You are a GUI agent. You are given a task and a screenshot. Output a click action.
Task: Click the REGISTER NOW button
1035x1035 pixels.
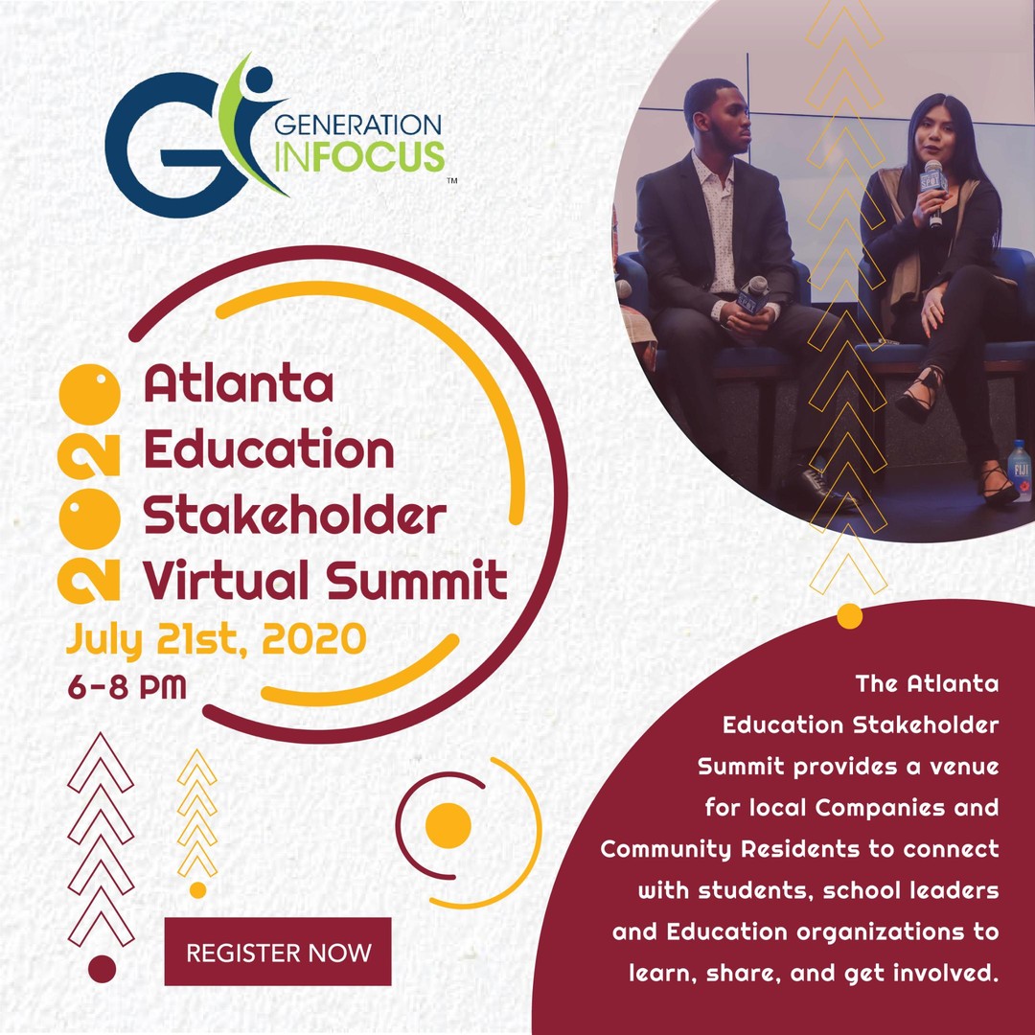coord(278,952)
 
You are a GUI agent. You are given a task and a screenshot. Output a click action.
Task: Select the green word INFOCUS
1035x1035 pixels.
coord(358,156)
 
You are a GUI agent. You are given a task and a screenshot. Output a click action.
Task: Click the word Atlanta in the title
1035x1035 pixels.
coord(239,385)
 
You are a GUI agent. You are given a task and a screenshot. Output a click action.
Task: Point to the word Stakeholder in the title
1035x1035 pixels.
coord(294,517)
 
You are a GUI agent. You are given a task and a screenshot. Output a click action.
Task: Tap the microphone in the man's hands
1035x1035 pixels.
coord(754,293)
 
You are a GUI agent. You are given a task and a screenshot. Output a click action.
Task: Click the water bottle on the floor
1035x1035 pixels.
coord(1020,470)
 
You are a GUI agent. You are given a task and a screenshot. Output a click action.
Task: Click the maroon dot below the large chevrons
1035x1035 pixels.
coord(102,969)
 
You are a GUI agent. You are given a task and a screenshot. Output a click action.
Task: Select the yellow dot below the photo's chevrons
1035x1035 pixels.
coord(849,616)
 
